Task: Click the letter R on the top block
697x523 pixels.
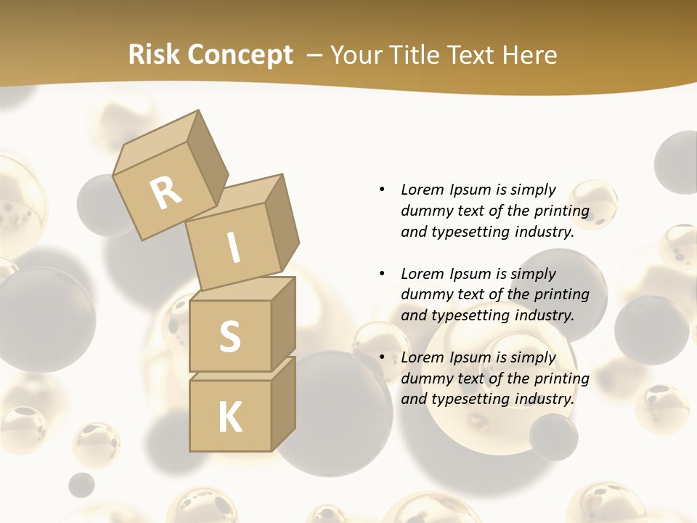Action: pos(166,192)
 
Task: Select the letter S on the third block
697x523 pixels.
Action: pos(229,336)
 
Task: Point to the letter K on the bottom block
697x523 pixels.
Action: pos(229,418)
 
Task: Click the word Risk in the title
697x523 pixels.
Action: pos(153,54)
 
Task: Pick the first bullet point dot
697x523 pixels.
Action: pos(382,190)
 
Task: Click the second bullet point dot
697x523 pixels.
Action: pos(382,274)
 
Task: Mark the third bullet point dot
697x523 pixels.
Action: pos(382,357)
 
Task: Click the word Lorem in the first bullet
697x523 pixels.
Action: pos(423,190)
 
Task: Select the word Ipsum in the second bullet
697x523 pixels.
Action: pos(470,274)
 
